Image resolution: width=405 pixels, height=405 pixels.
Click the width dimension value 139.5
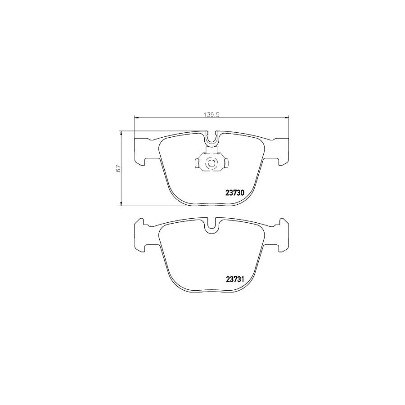coord(211,115)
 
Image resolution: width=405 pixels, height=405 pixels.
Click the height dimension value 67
coord(118,169)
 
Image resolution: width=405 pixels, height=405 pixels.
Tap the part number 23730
coord(234,193)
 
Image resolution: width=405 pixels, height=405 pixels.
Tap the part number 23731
coord(234,279)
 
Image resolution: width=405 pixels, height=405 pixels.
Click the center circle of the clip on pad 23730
coord(211,163)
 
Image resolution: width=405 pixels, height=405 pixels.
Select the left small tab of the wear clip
coord(197,163)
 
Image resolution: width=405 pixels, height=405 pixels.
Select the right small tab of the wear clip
coord(226,163)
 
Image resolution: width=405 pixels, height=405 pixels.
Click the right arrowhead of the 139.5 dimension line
coord(286,118)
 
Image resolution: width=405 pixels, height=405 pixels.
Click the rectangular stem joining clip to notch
coord(211,150)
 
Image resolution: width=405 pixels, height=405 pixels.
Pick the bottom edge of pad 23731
coord(211,291)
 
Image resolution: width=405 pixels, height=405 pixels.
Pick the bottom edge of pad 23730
coord(211,205)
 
